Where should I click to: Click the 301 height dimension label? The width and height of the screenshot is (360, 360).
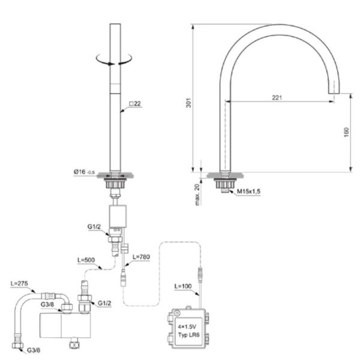tap(188, 103)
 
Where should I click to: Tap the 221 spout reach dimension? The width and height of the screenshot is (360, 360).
tap(277, 98)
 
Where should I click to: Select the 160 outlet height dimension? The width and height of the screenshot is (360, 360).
tap(346, 132)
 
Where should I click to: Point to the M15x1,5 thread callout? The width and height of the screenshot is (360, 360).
tap(248, 191)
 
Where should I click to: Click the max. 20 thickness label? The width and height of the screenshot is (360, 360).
tap(197, 194)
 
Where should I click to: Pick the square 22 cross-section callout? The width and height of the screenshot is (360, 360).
tap(135, 104)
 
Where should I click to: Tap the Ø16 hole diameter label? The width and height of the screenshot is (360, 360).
tap(84, 172)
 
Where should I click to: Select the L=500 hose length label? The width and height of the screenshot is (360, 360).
tap(86, 260)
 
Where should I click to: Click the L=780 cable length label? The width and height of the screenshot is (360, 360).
tap(141, 257)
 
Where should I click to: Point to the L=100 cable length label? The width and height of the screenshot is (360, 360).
tap(183, 286)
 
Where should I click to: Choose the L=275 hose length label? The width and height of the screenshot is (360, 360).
tap(19, 283)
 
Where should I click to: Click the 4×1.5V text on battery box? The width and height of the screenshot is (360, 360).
tap(187, 327)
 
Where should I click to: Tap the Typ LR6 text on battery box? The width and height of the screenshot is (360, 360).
tap(189, 335)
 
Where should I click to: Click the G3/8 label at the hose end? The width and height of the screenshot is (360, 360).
tap(34, 350)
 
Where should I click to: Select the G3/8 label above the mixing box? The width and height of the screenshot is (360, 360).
tap(47, 304)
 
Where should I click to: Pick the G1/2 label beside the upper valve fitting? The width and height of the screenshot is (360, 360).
tap(94, 227)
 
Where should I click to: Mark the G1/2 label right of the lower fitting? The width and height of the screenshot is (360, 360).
tap(104, 303)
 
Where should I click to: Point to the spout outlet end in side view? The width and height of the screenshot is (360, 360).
tap(334, 93)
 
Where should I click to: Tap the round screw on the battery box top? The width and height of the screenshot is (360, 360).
tap(176, 313)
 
